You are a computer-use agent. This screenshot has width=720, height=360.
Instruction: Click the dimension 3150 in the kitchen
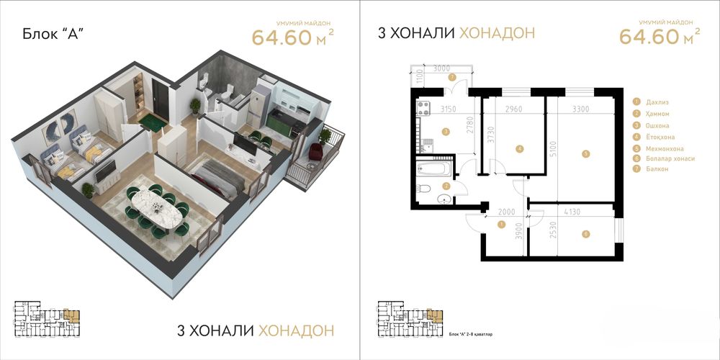[x=430, y=109]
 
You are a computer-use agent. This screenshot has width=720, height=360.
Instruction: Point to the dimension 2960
[x=513, y=109]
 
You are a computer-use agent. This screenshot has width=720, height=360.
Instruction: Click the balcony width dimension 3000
[x=442, y=68]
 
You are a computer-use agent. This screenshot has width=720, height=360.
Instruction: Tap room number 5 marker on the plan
[x=586, y=153]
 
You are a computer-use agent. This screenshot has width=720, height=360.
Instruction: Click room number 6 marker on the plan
[x=586, y=233]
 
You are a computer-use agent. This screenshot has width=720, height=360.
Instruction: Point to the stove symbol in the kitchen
[x=423, y=109]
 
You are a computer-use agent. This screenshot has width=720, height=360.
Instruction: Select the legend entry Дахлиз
[x=658, y=102]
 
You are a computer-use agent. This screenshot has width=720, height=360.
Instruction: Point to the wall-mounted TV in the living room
[x=107, y=173]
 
